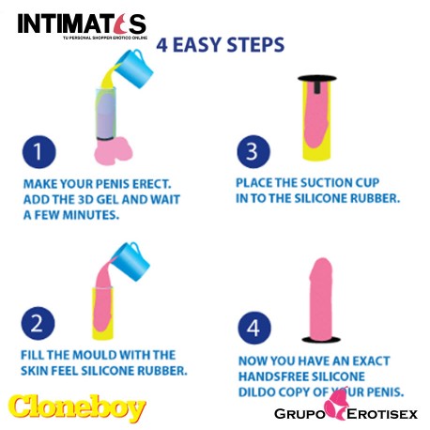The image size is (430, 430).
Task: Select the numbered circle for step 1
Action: pos(38,152)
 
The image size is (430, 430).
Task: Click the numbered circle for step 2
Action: pos(38,326)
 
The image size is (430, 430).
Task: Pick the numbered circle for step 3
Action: pos(246,151)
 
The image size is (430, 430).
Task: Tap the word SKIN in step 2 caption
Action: pos(37,370)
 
